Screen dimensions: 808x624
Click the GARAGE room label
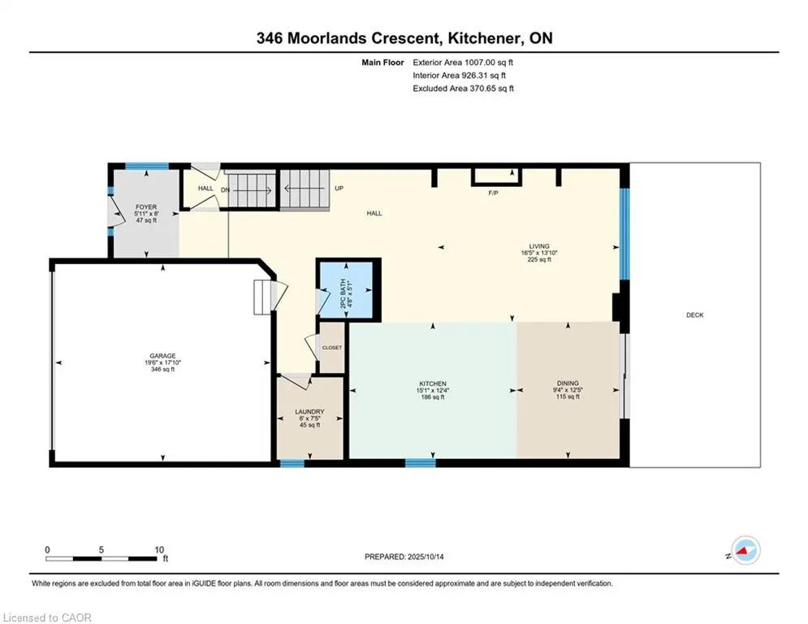click(163, 356)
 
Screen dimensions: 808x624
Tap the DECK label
click(694, 315)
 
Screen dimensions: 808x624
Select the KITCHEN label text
click(433, 383)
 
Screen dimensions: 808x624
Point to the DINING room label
click(568, 383)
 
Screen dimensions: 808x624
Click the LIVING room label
click(539, 246)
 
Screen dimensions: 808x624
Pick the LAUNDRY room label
click(309, 411)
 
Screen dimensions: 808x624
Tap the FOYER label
click(146, 207)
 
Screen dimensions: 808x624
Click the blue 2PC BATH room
click(346, 290)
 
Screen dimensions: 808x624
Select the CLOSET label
click(332, 348)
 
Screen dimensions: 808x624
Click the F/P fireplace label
click(493, 193)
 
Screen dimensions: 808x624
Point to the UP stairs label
click(339, 188)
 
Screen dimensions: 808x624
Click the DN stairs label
click(225, 190)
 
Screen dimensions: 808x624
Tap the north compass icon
click(745, 550)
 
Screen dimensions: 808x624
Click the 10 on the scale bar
click(159, 550)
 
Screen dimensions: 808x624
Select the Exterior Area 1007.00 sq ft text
click(463, 63)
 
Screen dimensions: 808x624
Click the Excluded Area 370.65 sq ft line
click(463, 89)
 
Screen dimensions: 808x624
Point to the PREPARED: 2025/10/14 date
click(404, 557)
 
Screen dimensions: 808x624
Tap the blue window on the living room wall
click(624, 234)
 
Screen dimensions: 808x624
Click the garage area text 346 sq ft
click(163, 369)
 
